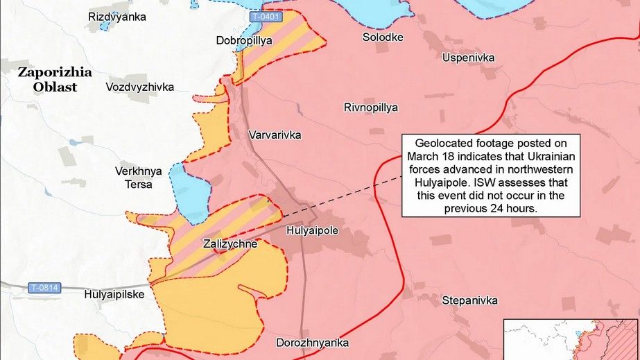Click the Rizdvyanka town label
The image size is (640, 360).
point(117,16)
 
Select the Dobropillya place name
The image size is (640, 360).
point(244,41)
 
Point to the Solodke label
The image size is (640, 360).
point(383,37)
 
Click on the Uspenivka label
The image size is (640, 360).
point(469,58)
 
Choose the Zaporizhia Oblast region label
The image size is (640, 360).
point(47,79)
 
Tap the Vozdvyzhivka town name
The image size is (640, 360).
point(139,87)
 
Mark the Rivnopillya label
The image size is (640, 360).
point(371,108)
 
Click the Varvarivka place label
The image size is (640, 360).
point(275,135)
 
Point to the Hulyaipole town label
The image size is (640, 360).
point(312,231)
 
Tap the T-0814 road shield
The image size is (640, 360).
point(43,287)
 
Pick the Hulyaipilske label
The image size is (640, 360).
point(114,294)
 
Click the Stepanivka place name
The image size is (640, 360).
point(470,300)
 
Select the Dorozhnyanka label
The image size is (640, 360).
point(312,343)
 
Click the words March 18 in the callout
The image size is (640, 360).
point(433,154)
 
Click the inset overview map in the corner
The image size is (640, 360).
point(571,339)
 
